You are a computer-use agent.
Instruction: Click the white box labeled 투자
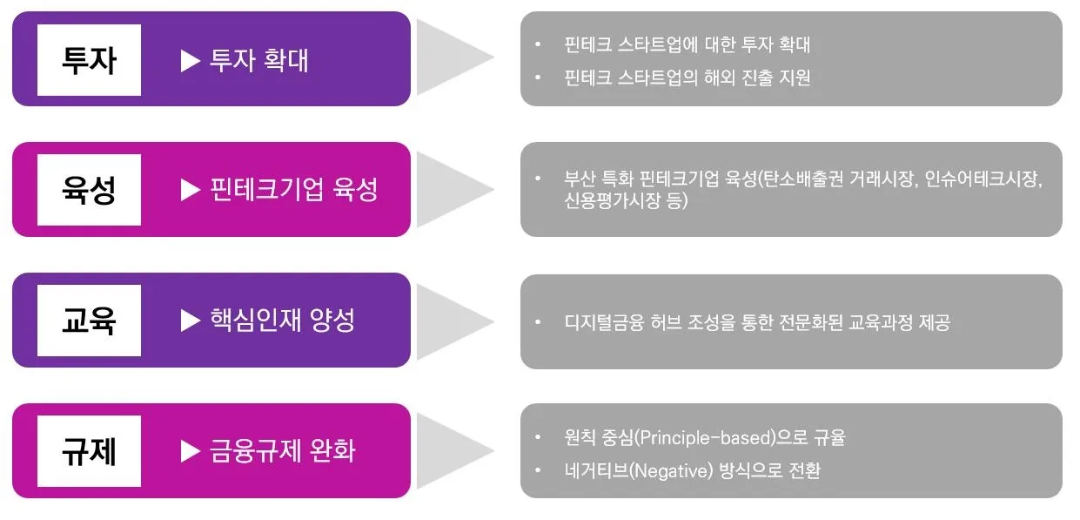tap(89, 60)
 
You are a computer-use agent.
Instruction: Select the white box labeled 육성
tap(89, 190)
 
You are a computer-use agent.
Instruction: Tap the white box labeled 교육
tap(89, 321)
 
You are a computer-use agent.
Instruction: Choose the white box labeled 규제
tap(89, 451)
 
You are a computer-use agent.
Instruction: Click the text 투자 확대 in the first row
tap(258, 60)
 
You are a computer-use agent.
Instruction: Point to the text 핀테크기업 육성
tap(293, 190)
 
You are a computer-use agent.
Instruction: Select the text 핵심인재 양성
tap(282, 321)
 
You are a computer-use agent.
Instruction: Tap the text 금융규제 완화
tap(282, 451)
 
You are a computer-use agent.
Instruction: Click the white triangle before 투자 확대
tap(191, 60)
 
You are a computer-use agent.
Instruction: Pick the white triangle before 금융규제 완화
tap(191, 451)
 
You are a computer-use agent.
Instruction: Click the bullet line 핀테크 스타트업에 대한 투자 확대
tap(687, 44)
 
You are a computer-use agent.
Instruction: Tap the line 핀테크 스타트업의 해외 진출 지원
tap(687, 78)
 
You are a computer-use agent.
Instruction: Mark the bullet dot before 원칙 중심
tap(539, 436)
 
